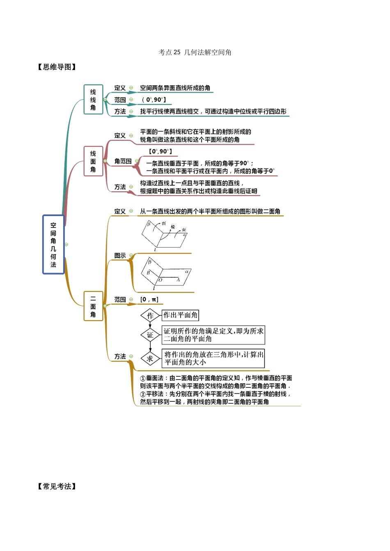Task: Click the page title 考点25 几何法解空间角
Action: click(195, 52)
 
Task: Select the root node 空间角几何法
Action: click(53, 244)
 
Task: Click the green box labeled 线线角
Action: click(93, 100)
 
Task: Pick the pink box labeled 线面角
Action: click(93, 161)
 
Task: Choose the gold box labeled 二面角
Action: click(93, 306)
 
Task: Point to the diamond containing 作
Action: click(150, 316)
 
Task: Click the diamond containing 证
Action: click(150, 335)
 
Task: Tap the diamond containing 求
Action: click(150, 359)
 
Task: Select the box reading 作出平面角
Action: click(180, 315)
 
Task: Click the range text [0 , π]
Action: click(149, 300)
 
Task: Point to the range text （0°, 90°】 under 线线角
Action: click(154, 100)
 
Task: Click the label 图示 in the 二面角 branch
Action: click(120, 255)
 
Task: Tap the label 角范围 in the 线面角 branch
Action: click(123, 161)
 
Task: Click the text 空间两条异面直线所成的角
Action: click(175, 88)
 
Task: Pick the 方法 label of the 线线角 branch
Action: click(120, 111)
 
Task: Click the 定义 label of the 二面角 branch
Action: click(120, 211)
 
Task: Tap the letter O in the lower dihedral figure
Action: click(160, 280)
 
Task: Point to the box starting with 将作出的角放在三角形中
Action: click(213, 358)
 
